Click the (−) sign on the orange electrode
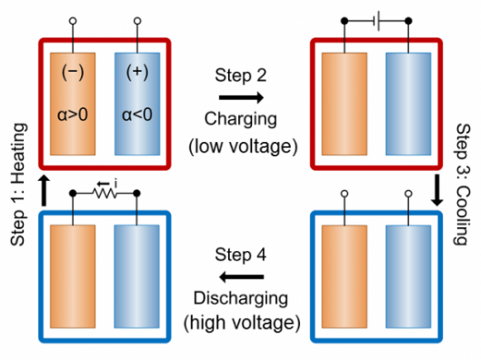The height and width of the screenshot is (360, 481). tap(73, 73)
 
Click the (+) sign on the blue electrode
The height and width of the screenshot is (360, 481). tap(137, 73)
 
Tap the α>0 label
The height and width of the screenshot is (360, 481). tap(73, 115)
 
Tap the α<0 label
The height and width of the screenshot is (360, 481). tap(137, 115)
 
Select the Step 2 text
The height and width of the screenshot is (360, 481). tap(240, 75)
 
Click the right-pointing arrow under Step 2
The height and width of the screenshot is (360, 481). tap(241, 97)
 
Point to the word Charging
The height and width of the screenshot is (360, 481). tap(240, 119)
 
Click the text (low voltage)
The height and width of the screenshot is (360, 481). tap(243, 146)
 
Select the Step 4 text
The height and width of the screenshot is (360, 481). tap(240, 255)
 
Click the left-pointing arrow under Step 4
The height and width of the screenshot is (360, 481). tap(241, 277)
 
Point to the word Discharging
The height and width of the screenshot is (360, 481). tap(240, 299)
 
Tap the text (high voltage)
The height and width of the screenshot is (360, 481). tap(242, 323)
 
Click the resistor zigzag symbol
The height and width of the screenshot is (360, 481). tap(105, 194)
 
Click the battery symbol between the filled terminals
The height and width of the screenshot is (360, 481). tap(378, 21)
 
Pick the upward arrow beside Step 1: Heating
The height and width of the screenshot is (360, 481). tap(45, 191)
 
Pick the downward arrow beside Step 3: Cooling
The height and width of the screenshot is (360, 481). tap(436, 190)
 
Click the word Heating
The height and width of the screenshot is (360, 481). tap(18, 154)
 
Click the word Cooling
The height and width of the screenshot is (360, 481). tap(462, 215)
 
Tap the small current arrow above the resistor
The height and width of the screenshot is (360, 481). tap(104, 184)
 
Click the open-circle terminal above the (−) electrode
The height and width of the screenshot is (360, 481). tap(73, 21)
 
